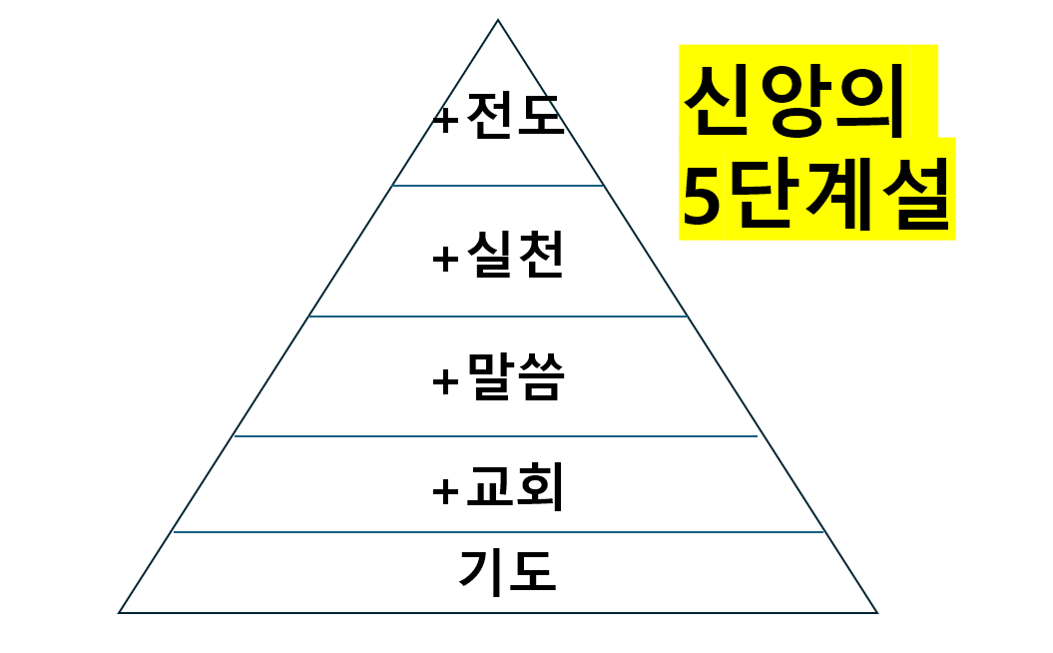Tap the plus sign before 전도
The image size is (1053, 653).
[446, 120]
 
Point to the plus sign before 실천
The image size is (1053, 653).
[445, 260]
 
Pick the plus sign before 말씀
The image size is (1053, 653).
[445, 382]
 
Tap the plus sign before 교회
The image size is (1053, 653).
[445, 491]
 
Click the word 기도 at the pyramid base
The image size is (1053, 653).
[507, 572]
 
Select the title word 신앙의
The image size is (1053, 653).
[794, 102]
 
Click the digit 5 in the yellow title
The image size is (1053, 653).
[703, 199]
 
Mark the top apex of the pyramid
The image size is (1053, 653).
[498, 21]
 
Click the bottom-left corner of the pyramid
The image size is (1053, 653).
[120, 612]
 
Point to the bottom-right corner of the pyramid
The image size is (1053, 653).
[876, 612]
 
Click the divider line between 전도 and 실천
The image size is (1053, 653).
[498, 186]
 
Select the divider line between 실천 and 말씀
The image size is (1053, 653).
[498, 317]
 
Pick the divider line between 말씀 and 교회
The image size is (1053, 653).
[496, 436]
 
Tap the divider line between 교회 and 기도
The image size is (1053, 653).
[498, 532]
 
